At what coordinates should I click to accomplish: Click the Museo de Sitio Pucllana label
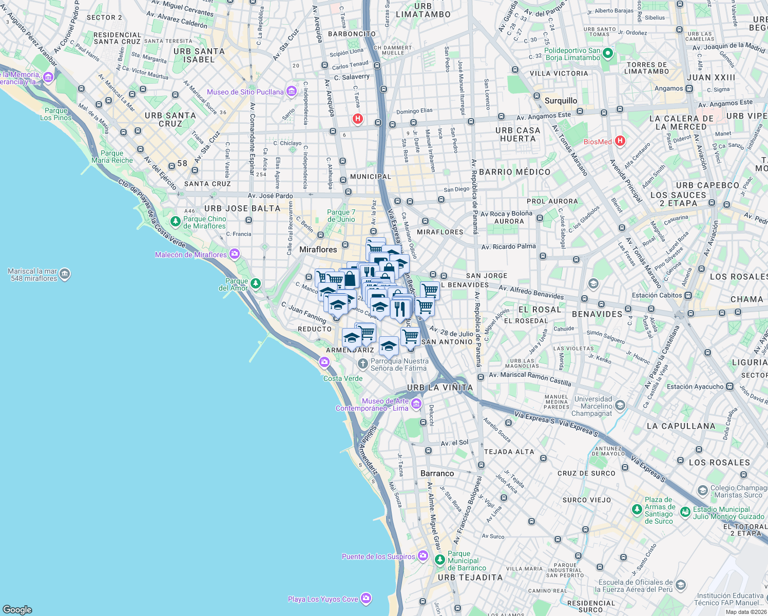coord(245,92)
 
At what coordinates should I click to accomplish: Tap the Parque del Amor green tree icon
coord(256,283)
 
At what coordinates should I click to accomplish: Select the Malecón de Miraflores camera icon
coord(235,254)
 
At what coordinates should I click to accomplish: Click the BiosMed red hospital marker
coord(620,141)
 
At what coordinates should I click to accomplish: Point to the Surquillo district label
coord(561,101)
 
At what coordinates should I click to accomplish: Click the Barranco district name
coord(437,473)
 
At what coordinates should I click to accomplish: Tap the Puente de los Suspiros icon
coord(423,556)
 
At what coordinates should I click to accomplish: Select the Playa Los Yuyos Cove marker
coord(366,599)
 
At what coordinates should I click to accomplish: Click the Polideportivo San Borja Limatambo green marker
coord(608,53)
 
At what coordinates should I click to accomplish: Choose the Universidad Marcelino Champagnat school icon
coord(620,406)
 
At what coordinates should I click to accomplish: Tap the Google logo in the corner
coord(17,609)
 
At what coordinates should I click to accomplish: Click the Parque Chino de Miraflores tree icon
coord(176,222)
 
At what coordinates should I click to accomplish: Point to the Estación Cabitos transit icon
coord(688,295)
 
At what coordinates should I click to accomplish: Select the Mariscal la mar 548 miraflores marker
coord(65,274)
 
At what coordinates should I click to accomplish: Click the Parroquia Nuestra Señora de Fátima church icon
coord(362,364)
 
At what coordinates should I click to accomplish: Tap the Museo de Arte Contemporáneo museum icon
coord(416,405)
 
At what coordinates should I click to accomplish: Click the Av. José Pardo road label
coord(270,196)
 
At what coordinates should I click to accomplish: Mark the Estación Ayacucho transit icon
coord(730,387)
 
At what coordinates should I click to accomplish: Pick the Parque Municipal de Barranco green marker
coord(439,560)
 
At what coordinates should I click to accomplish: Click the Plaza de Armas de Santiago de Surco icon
coord(637,510)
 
